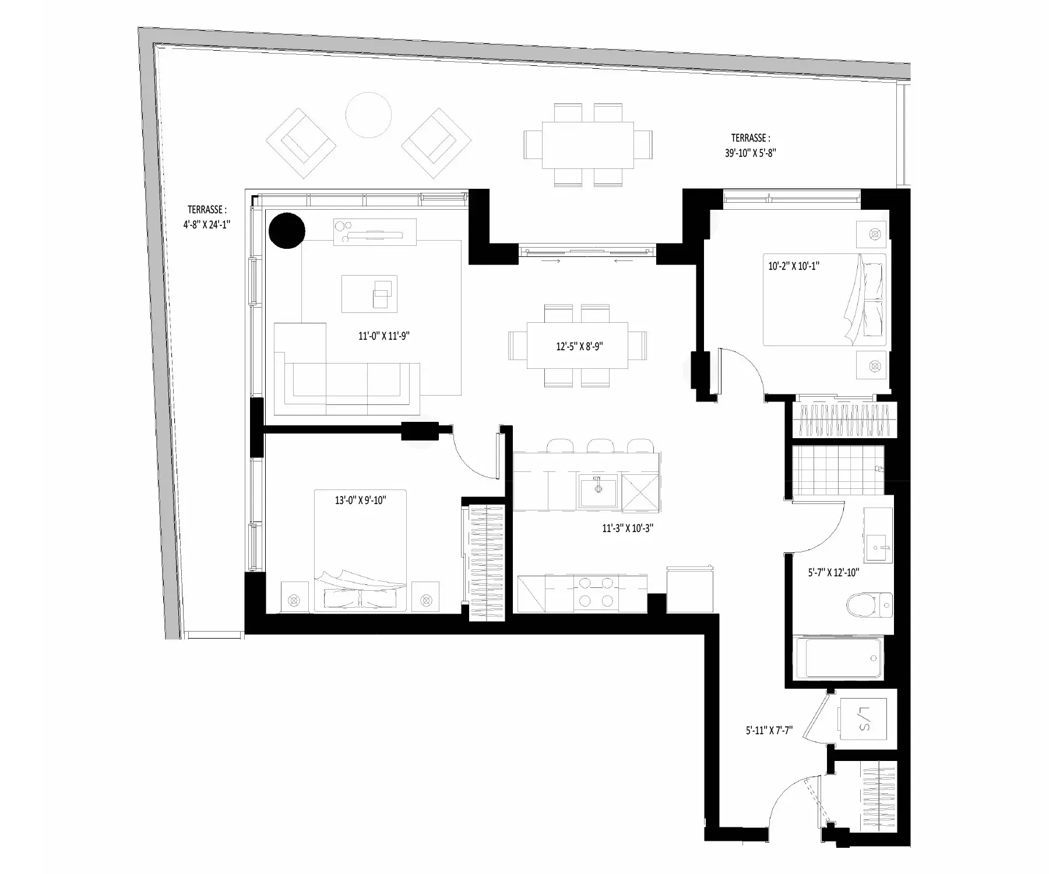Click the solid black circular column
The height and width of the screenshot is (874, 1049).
coord(287,231)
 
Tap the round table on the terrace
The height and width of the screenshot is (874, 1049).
coord(368,115)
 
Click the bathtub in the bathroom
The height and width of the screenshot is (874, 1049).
coord(839,657)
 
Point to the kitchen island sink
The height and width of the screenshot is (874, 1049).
coord(598,491)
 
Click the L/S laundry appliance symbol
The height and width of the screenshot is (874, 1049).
coord(863,720)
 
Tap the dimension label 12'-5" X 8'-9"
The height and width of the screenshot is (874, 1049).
coord(579,346)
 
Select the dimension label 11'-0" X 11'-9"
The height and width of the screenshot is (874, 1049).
coord(384,336)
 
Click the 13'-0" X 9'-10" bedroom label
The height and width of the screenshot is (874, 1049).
coord(361,500)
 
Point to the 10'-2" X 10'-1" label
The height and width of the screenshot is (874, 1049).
coord(794,266)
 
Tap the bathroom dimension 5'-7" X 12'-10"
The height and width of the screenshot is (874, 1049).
coord(834,573)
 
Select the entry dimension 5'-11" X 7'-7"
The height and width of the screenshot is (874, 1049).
coord(769,730)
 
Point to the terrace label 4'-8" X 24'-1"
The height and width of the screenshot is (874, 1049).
coord(206,224)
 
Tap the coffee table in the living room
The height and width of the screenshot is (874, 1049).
coord(369,294)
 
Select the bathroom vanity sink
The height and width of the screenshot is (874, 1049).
coord(878,548)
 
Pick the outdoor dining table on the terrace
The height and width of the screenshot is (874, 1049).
coord(588,145)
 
